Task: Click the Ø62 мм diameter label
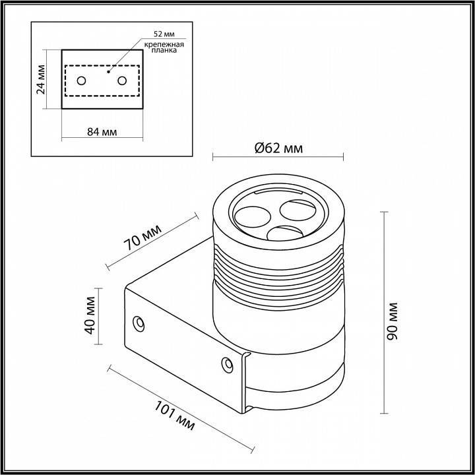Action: click(278, 148)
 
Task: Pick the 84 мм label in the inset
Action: click(102, 131)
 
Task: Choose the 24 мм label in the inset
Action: click(42, 79)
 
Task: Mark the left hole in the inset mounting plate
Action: click(81, 80)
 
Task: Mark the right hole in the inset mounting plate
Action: click(122, 80)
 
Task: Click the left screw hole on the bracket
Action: click(139, 323)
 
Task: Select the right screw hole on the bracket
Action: click(226, 363)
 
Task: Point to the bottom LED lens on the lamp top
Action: click(284, 236)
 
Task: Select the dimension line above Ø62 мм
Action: click(278, 157)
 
